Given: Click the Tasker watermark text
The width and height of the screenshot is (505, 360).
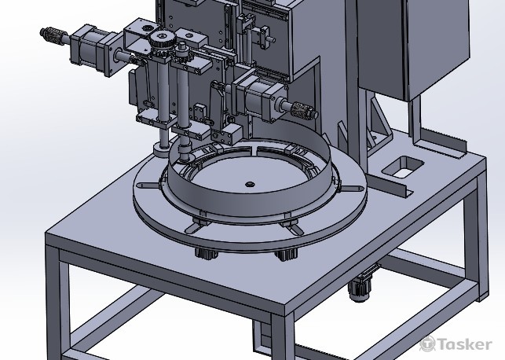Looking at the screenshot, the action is point(456,343).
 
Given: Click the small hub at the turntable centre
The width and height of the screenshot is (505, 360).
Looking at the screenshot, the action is point(250,185).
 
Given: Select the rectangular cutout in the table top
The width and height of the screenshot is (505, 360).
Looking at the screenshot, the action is point(403,166).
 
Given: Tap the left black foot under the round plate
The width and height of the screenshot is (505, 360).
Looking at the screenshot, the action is point(207,253).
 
